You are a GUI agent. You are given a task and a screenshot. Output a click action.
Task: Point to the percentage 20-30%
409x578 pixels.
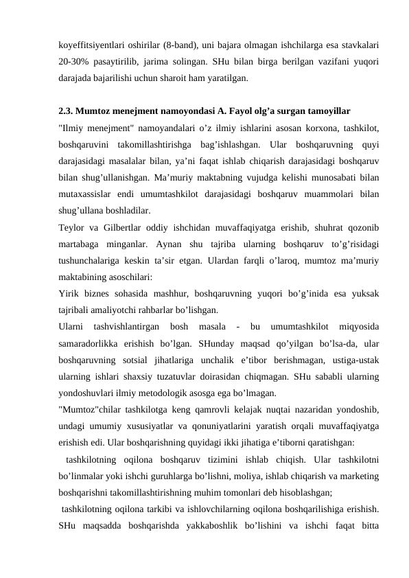point(76,62)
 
